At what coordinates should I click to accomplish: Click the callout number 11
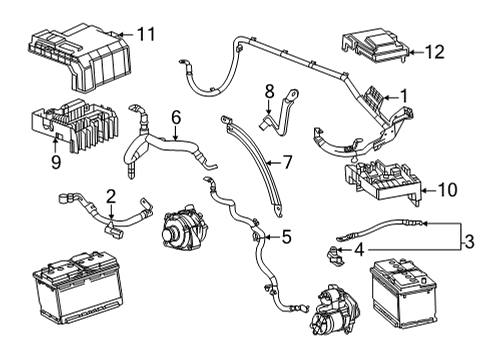pos(146,35)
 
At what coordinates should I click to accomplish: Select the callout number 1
pos(404,97)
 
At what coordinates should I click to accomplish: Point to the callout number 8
pos(269,93)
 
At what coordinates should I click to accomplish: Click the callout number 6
pos(175,117)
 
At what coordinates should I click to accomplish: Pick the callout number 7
pos(287,160)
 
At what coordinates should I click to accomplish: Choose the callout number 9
pos(55,160)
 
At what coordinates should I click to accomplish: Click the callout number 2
pos(111,196)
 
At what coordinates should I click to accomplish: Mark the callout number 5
pos(286,238)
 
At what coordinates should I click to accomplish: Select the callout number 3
pos(468,241)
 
